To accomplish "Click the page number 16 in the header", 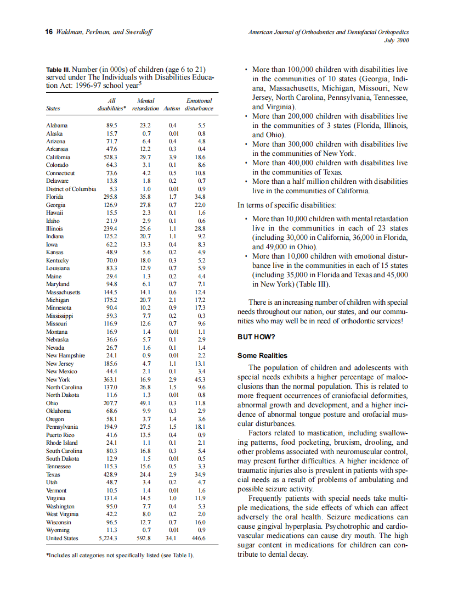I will click(48, 32).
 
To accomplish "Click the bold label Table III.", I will click(58, 70).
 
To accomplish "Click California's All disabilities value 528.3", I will click(111, 156).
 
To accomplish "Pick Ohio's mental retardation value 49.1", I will click(146, 403).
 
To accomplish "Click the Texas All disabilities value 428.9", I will click(111, 474).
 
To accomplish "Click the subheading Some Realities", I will click(262, 355).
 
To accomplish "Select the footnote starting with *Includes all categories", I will click(120, 555).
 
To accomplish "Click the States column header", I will click(53, 109).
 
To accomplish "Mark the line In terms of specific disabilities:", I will click(287, 205).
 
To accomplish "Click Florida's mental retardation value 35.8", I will click(146, 197).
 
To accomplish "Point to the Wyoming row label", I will click(58, 530).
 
